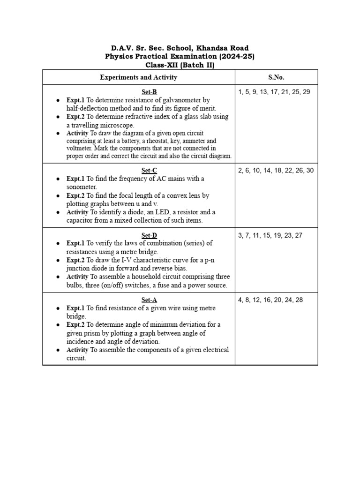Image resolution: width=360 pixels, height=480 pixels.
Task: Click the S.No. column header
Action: [x=276, y=77]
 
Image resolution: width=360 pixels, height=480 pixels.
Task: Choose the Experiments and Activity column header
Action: [x=138, y=77]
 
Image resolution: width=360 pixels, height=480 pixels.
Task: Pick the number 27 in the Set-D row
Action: [x=298, y=235]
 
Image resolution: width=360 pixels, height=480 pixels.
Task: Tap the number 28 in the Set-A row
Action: [x=298, y=300]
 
